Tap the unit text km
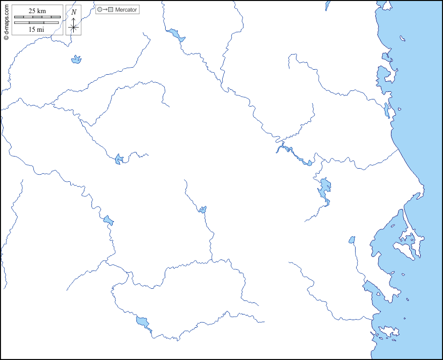(x=41, y=11)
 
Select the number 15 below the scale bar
(x=32, y=29)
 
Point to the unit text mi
(x=41, y=29)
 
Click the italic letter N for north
(x=74, y=12)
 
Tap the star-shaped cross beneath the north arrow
(x=74, y=27)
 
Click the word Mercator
(x=126, y=10)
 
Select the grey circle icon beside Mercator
(x=100, y=10)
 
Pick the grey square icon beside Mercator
(x=111, y=10)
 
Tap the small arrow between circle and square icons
(x=105, y=10)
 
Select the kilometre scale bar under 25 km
(x=37, y=17)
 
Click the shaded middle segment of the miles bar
(x=37, y=23)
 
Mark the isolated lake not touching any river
(x=76, y=60)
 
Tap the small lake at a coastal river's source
(x=352, y=240)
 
